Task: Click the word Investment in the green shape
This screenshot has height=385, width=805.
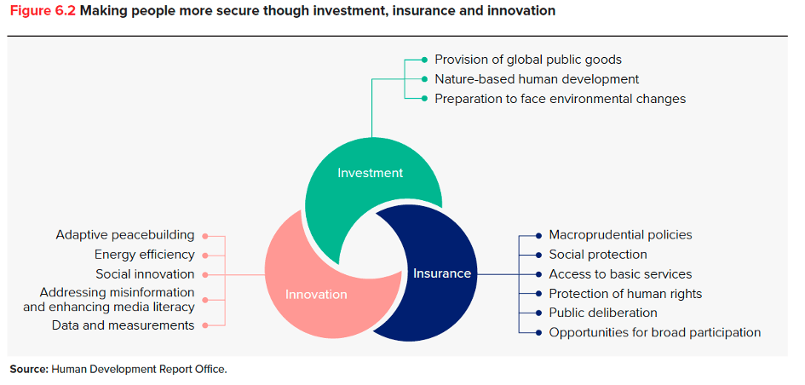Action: point(371,173)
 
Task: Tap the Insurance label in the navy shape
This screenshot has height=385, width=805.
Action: point(442,273)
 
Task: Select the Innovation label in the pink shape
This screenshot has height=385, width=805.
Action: point(316,295)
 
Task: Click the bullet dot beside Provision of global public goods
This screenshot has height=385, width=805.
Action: point(424,60)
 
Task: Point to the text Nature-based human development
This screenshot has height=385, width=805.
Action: point(537,79)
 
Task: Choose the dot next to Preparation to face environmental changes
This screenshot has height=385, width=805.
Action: point(424,99)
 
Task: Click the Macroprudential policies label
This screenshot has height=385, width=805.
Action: point(621,235)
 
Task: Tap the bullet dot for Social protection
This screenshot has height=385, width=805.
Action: point(538,255)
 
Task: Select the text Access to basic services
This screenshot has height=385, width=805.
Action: point(621,274)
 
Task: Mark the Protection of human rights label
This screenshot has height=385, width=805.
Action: point(626,294)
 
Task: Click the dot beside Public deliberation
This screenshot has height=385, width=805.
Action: point(538,313)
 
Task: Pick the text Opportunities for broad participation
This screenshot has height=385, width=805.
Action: point(655,333)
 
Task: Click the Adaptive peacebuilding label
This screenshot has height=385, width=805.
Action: point(125,235)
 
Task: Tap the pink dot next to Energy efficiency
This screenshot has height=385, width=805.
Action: point(204,256)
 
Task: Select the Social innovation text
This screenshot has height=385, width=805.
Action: point(146,274)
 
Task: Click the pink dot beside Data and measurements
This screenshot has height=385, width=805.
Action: point(204,325)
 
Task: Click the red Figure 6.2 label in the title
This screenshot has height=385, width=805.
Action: point(43,11)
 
